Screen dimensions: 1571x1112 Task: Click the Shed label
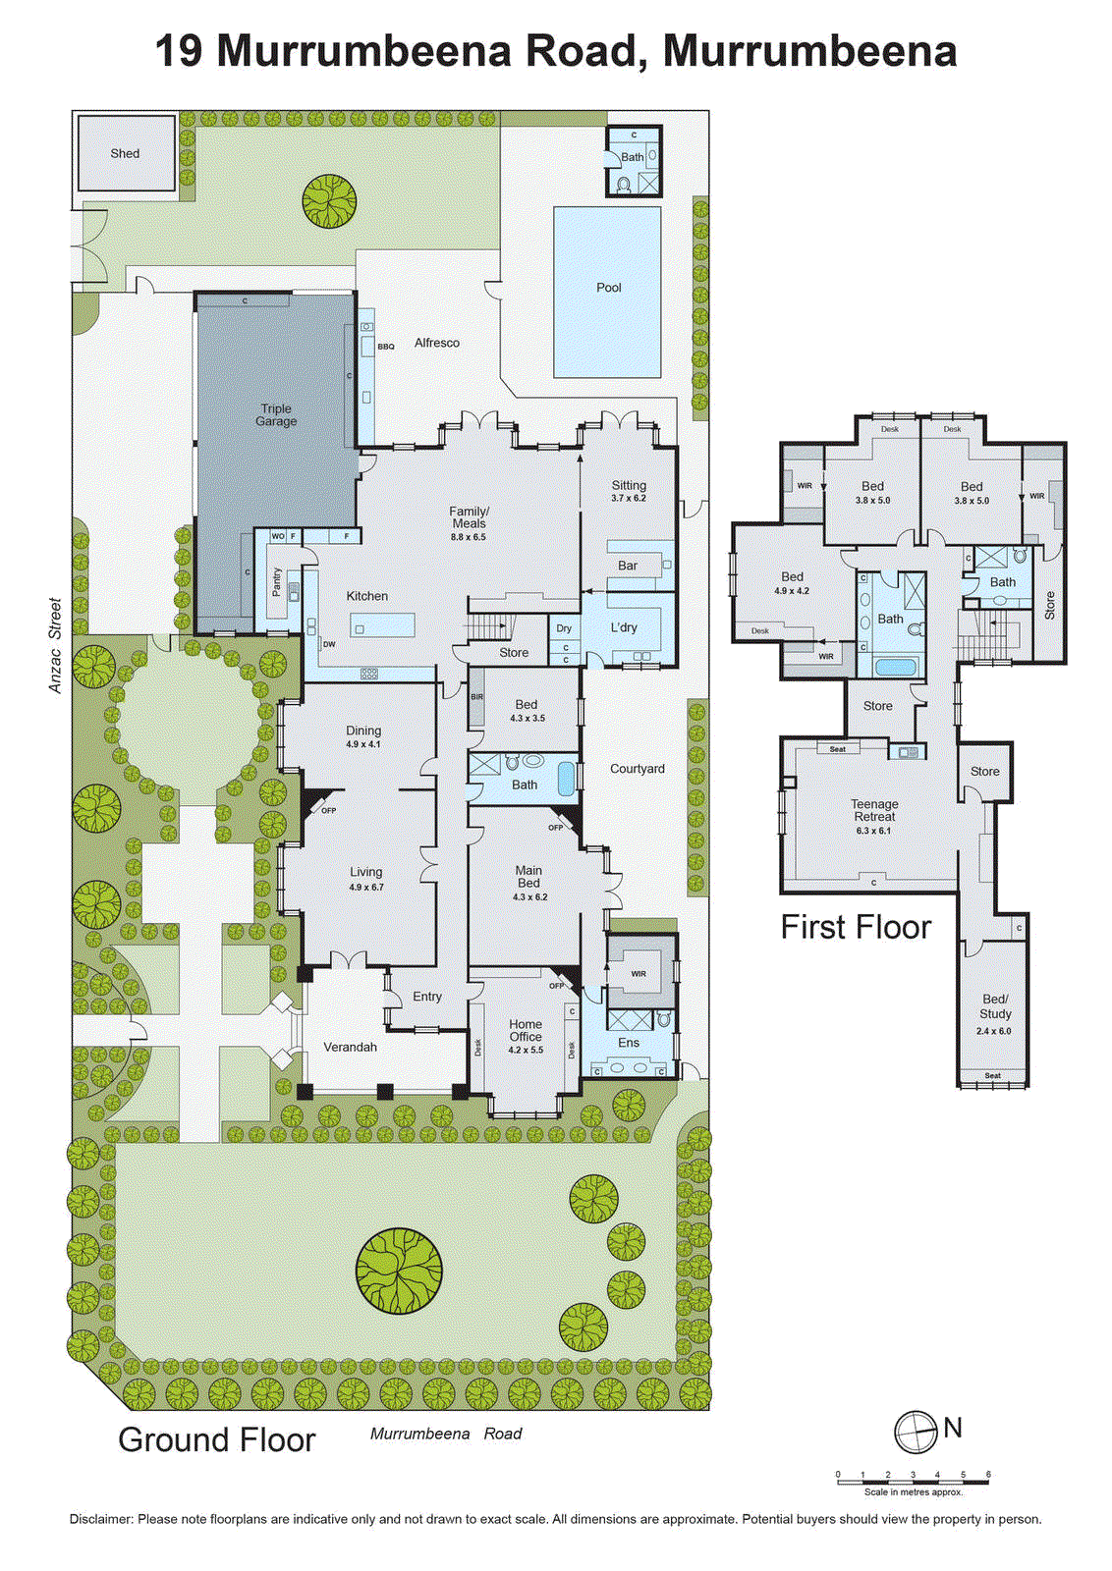125,153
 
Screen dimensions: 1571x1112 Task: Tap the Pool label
609,288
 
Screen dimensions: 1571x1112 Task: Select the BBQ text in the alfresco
386,347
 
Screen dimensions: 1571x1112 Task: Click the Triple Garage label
276,415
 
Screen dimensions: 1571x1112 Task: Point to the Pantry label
277,581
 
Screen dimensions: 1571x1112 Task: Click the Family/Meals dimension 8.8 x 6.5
469,537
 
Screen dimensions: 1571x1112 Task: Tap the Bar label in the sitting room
628,566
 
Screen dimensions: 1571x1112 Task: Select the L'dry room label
624,627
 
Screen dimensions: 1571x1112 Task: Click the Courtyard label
638,769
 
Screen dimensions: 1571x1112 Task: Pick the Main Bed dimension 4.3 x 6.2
528,896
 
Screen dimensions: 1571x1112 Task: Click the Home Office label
526,1030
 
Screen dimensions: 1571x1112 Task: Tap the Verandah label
351,1048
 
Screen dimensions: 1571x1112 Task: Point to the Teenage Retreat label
874,810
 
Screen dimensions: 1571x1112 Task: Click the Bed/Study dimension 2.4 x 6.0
993,1031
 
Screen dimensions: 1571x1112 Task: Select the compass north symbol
916,1433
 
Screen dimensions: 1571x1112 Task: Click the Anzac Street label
55,645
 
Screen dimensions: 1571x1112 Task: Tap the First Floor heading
856,927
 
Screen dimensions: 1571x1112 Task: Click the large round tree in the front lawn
399,1271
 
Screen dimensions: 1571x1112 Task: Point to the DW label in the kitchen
329,644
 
